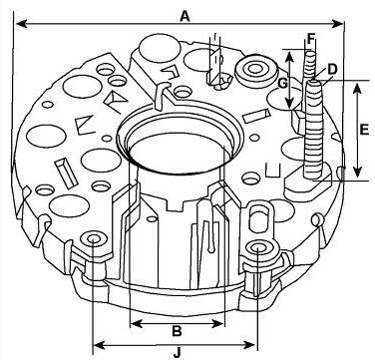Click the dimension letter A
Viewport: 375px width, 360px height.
pyautogui.click(x=185, y=16)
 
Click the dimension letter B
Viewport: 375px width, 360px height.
pyautogui.click(x=177, y=331)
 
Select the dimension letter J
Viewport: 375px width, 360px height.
pyautogui.click(x=178, y=352)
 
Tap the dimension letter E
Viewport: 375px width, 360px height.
pyautogui.click(x=364, y=130)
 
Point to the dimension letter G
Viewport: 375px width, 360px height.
pyautogui.click(x=283, y=84)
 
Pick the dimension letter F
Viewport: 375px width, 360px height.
pyautogui.click(x=311, y=39)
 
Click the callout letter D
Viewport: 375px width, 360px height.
pyautogui.click(x=332, y=70)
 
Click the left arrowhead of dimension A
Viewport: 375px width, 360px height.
pyautogui.click(x=21, y=24)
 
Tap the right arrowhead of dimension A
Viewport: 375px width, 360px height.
pyautogui.click(x=338, y=24)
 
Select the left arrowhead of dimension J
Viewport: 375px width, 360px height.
pyautogui.click(x=99, y=345)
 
